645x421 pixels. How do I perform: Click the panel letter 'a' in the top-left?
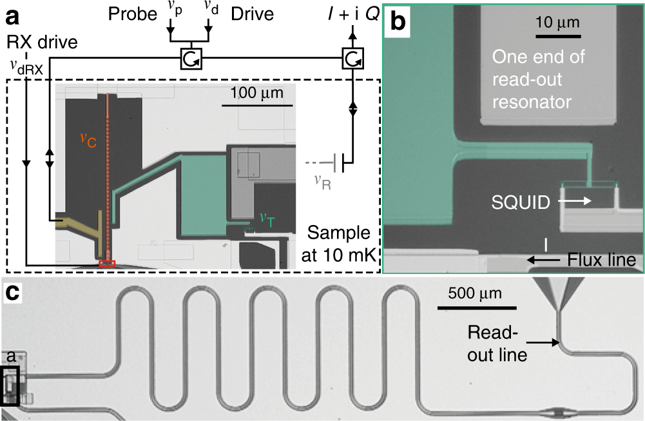pyautogui.click(x=14, y=14)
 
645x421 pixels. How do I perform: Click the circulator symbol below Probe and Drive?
pyautogui.click(x=191, y=59)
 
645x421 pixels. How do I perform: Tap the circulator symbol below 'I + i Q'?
pyautogui.click(x=352, y=59)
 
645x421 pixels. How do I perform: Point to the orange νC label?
pyautogui.click(x=88, y=140)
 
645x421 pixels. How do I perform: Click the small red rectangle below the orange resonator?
pyautogui.click(x=108, y=263)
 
